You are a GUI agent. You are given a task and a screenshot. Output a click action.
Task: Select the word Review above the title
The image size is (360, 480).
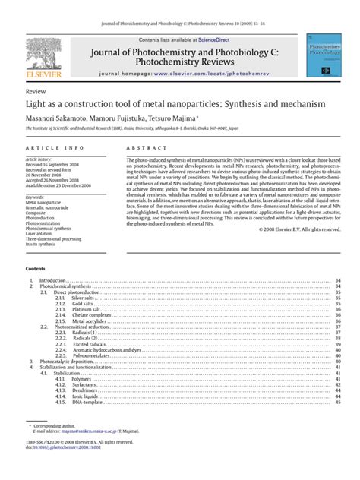[36, 90]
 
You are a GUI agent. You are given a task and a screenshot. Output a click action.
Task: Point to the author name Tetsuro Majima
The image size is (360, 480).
[172, 118]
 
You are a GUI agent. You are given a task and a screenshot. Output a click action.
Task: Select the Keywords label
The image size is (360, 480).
[38, 198]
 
